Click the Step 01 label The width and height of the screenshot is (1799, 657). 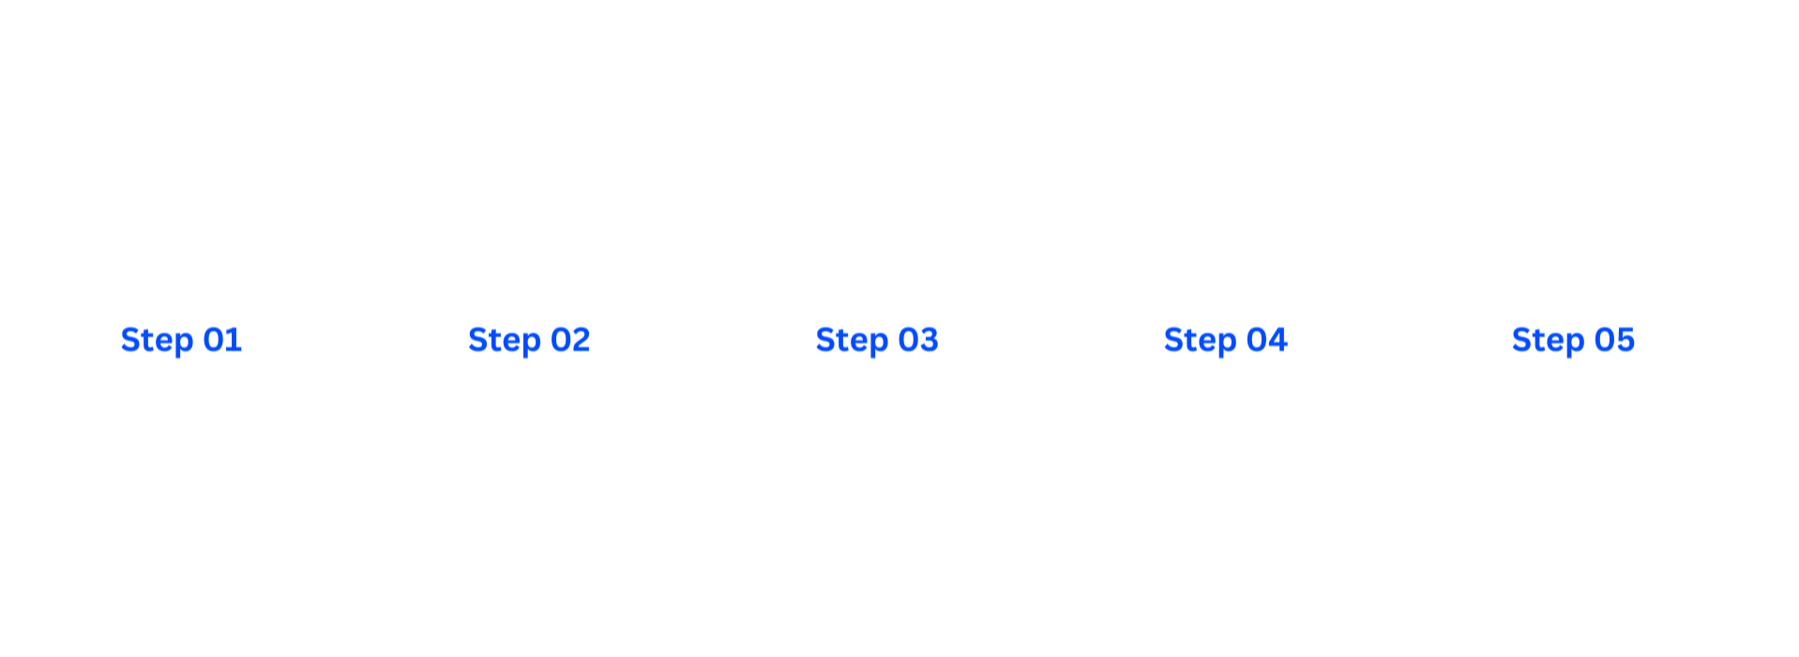point(181,340)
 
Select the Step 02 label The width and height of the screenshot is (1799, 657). point(529,340)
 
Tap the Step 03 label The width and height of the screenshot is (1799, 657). point(877,340)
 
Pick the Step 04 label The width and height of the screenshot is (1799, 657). point(1225,340)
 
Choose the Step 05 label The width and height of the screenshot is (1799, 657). point(1573,340)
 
